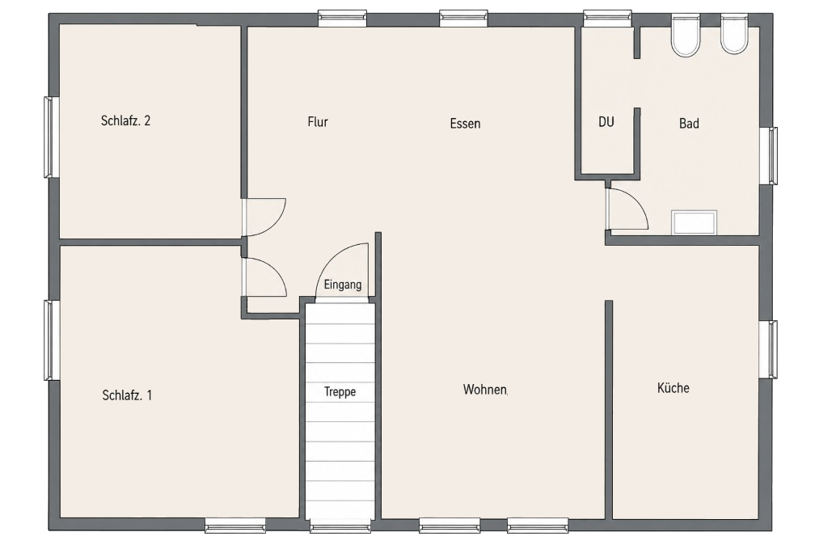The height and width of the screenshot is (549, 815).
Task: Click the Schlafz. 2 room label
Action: point(126,120)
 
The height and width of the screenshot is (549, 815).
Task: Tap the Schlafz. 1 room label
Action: point(128,395)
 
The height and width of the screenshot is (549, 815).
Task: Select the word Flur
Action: point(318,121)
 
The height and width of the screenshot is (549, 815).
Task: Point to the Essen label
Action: point(465,124)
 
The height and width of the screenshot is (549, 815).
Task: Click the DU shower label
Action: point(606,121)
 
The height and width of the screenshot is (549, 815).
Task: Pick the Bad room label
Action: point(689,124)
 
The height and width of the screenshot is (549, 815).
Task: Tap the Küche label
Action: point(673,388)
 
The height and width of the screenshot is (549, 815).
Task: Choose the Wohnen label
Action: point(485,390)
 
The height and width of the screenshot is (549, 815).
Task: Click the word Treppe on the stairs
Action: point(340,391)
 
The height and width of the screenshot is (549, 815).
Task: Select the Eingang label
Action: point(343,285)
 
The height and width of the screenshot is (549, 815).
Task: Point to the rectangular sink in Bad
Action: point(694,222)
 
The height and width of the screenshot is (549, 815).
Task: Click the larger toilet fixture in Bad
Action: point(685,36)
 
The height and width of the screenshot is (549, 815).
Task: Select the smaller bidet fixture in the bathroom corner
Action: point(734,34)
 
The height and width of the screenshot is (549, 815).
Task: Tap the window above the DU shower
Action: point(607,19)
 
